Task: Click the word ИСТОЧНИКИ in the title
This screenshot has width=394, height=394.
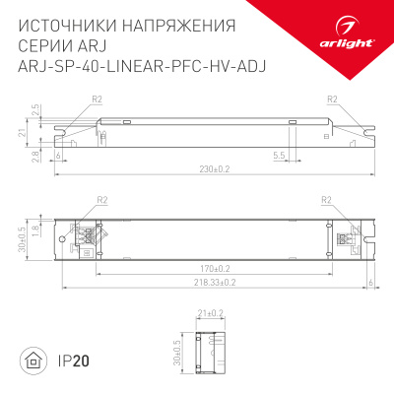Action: click(x=65, y=23)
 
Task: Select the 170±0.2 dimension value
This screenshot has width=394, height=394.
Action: click(x=216, y=267)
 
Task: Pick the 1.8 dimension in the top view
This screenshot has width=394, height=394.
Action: click(x=33, y=231)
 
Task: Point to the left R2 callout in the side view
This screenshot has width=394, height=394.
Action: click(x=97, y=98)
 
